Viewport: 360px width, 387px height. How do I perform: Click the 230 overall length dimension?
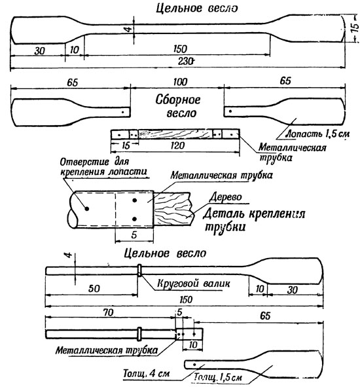click(185, 61)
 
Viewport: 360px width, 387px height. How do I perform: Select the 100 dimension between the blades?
click(180, 82)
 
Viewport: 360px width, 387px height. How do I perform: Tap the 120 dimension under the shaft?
click(177, 145)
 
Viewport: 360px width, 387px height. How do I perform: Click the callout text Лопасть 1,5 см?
click(317, 134)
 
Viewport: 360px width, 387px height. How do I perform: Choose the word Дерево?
click(225, 197)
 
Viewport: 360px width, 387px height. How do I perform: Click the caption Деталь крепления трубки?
click(254, 219)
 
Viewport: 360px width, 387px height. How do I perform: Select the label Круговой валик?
click(194, 284)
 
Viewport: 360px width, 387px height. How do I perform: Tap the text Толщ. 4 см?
click(147, 373)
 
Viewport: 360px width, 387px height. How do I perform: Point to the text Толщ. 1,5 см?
click(218, 377)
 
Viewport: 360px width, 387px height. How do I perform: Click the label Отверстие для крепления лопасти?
click(103, 167)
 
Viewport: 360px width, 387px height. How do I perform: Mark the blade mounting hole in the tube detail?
click(87, 209)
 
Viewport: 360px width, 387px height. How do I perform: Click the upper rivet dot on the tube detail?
click(134, 200)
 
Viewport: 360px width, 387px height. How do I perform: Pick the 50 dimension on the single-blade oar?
click(94, 289)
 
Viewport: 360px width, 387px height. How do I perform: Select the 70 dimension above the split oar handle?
click(108, 313)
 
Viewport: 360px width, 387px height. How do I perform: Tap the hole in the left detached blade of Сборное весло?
click(122, 112)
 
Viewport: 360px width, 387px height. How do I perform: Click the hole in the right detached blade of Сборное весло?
click(230, 111)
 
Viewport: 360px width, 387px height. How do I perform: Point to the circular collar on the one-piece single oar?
click(139, 270)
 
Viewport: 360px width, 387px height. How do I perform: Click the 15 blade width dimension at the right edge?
click(354, 29)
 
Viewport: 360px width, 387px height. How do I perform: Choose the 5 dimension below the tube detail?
click(134, 234)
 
